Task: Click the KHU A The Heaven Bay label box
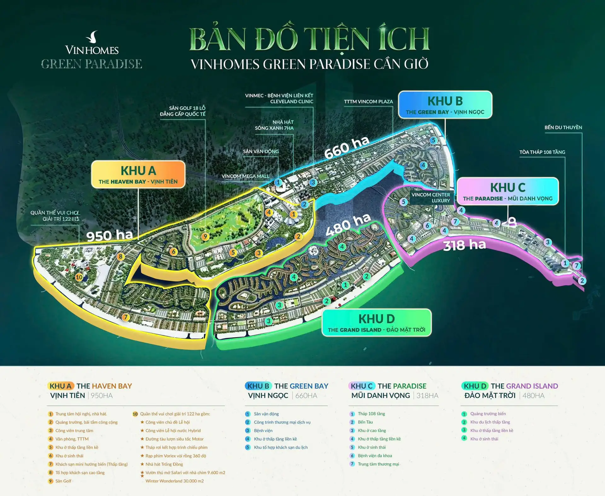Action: [138, 174]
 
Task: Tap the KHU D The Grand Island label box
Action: [377, 323]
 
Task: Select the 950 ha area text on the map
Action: [110, 236]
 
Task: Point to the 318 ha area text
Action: [464, 245]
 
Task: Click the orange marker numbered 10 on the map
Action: [79, 277]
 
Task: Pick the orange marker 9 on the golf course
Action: [205, 237]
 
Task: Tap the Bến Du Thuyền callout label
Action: [563, 128]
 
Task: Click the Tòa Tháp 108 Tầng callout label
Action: [542, 152]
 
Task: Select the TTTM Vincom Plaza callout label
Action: [368, 102]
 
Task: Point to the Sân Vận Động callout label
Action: [261, 151]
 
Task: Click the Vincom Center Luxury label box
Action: [431, 197]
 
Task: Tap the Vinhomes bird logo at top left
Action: [92, 37]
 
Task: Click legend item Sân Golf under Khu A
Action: [63, 481]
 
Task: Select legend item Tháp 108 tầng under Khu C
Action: [371, 414]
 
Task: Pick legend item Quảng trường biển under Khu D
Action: [488, 414]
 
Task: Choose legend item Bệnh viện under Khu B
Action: [263, 430]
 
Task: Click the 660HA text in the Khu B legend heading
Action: [306, 396]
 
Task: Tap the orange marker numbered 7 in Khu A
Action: [126, 317]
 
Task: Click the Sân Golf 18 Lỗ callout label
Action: [183, 111]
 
